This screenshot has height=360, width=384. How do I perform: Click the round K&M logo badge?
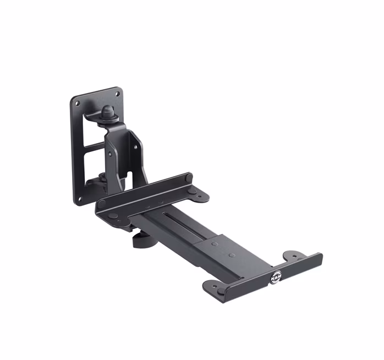tap(276, 276)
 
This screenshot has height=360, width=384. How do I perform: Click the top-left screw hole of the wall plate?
tap(77, 103)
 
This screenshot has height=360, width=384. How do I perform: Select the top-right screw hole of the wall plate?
tap(117, 94)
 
